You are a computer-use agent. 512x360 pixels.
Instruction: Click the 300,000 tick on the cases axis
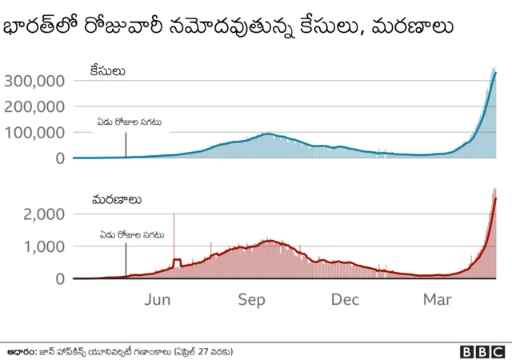[34, 81]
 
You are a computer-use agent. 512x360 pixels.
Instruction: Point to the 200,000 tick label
[34, 106]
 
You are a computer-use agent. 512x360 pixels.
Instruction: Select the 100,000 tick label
[34, 132]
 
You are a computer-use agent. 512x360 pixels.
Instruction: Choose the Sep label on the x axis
[251, 299]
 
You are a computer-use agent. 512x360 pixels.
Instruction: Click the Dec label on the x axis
[345, 299]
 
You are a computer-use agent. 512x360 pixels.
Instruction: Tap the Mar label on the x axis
[438, 299]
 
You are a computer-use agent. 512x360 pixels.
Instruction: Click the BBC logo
[482, 351]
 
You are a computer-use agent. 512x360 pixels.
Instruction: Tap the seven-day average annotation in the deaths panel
[131, 235]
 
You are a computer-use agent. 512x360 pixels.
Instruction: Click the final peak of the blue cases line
[496, 73]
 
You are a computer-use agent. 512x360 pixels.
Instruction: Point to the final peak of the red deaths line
[496, 198]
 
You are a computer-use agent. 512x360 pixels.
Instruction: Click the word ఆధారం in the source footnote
[23, 351]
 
